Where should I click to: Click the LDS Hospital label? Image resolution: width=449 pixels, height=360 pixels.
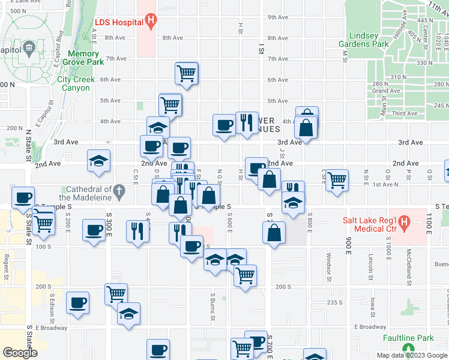click(119, 23)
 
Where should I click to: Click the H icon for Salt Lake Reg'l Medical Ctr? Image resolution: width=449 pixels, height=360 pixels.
click(404, 224)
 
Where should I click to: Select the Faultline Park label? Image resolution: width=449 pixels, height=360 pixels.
click(409, 338)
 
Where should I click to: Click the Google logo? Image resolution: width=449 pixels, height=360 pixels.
click(20, 353)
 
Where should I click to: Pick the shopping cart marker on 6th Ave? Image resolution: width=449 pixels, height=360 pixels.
click(187, 74)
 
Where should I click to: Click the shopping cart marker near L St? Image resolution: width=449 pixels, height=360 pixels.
click(337, 179)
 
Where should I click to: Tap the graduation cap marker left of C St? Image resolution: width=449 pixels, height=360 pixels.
click(99, 160)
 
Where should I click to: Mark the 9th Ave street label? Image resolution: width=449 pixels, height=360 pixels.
click(278, 17)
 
